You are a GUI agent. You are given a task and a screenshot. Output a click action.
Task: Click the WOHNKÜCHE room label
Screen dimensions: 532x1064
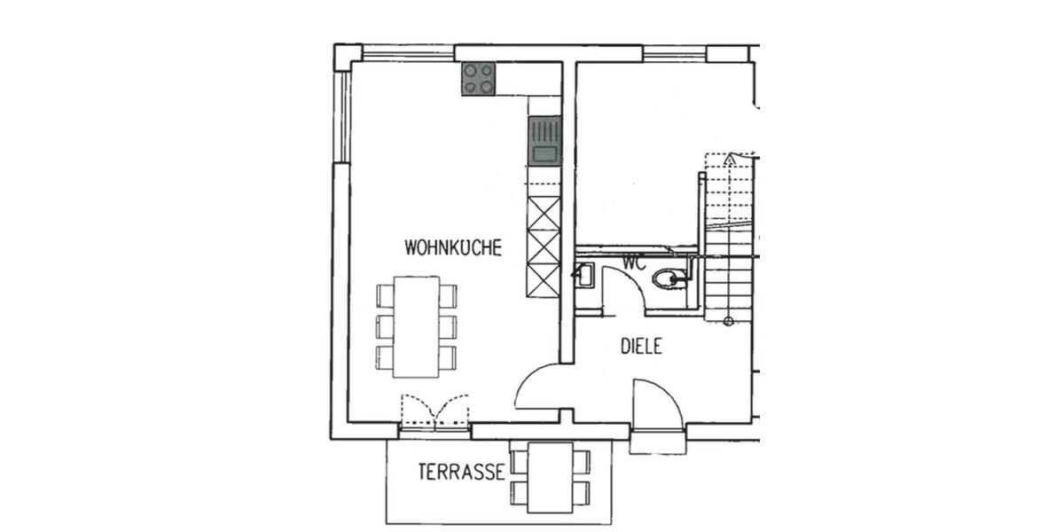click(x=453, y=247)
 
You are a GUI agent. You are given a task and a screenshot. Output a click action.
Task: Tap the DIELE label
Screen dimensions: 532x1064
click(x=641, y=347)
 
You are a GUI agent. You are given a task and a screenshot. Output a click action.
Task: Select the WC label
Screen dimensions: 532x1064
click(x=633, y=262)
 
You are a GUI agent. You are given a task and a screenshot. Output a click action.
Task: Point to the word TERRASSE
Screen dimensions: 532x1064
click(x=461, y=473)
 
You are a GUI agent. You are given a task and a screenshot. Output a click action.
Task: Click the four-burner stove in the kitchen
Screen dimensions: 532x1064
click(x=479, y=79)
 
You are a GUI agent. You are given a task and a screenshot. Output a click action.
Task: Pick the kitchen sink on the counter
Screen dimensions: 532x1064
click(x=544, y=141)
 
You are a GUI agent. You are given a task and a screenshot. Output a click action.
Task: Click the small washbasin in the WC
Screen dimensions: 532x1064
click(x=584, y=276)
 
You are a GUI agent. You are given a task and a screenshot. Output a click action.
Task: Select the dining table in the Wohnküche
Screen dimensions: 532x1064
click(x=417, y=326)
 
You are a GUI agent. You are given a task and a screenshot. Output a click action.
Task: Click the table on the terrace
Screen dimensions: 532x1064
click(x=550, y=475)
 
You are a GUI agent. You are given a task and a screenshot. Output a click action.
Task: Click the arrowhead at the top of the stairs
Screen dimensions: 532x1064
click(x=729, y=159)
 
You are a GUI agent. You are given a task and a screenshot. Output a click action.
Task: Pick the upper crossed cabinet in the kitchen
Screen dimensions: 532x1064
click(x=544, y=214)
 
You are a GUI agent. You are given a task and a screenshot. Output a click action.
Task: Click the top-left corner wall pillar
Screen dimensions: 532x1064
click(x=347, y=56)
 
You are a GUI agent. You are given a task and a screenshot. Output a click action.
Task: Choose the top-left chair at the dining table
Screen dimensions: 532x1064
click(x=385, y=295)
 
